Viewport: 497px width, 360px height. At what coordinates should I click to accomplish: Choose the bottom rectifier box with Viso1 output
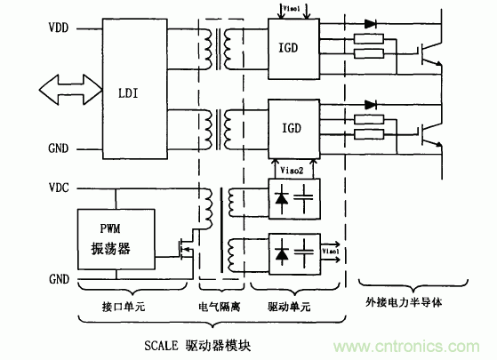(293, 254)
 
